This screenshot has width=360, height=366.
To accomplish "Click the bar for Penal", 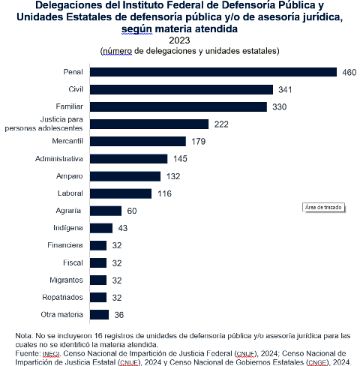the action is (x=213, y=72).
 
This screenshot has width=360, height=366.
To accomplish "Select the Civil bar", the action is (x=181, y=89).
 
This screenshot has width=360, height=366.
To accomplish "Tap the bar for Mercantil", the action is (x=138, y=141).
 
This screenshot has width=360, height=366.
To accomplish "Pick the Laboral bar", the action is (x=121, y=193).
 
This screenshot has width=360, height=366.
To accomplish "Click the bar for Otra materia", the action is (x=99, y=314).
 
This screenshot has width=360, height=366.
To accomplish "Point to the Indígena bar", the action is (x=101, y=228).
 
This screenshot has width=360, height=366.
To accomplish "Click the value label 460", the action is (x=349, y=73).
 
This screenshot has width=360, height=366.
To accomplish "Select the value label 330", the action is (x=280, y=107).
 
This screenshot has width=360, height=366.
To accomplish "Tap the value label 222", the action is (x=221, y=124).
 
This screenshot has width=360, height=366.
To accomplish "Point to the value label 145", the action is (x=180, y=159).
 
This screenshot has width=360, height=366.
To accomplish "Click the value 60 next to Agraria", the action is (x=132, y=211).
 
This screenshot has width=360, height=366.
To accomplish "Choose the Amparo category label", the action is (x=70, y=176).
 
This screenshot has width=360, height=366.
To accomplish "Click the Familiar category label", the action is (x=70, y=106).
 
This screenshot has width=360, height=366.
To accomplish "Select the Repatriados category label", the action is (x=62, y=297).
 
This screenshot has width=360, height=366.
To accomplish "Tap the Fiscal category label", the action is (x=73, y=262).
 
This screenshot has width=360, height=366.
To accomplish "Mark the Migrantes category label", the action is (x=66, y=280).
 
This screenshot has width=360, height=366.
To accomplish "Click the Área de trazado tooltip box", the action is (x=323, y=208).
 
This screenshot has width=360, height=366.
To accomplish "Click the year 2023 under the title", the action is (x=179, y=40).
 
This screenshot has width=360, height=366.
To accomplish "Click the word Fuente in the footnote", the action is (x=27, y=353).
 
